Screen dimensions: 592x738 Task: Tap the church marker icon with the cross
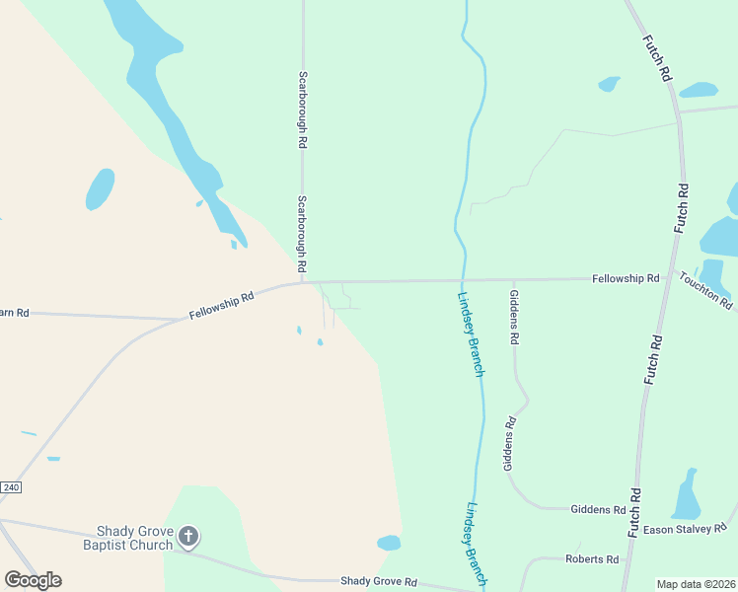click(x=188, y=537)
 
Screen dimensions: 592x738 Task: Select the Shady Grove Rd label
click(x=379, y=582)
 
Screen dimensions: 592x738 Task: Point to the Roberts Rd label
click(x=592, y=559)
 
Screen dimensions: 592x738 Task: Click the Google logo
click(x=33, y=579)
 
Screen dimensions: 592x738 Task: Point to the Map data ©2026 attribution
click(x=696, y=584)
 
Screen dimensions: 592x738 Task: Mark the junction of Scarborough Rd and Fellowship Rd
click(x=303, y=282)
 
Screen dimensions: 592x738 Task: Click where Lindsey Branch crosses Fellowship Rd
click(x=462, y=280)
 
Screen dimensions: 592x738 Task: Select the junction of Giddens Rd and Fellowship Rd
click(x=513, y=279)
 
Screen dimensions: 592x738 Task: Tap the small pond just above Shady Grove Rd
click(x=389, y=543)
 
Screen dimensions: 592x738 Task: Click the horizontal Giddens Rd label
click(x=598, y=510)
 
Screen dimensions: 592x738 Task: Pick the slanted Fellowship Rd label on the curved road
click(x=222, y=306)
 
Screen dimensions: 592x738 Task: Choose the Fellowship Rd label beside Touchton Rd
click(x=626, y=279)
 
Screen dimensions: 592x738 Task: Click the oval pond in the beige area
click(x=100, y=188)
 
